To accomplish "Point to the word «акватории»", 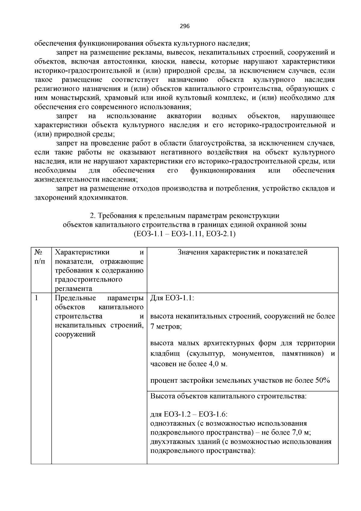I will click(184, 116).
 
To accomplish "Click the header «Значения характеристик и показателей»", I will click(242, 252).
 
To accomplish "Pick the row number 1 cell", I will click(36, 298).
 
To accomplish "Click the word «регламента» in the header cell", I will click(73, 289).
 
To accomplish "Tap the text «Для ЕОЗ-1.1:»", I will click(172, 298).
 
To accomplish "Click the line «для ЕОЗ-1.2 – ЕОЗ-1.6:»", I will click(189, 414).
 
